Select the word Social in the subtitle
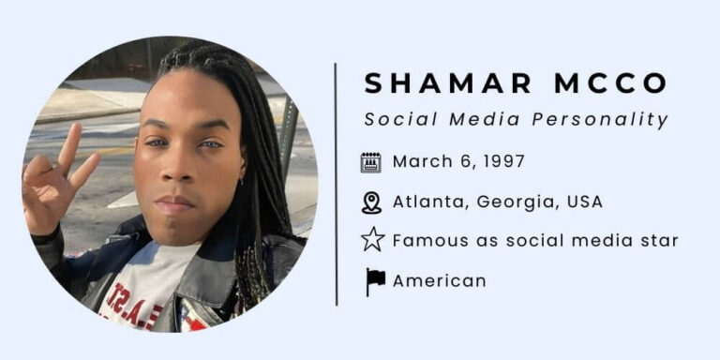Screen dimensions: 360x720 395,120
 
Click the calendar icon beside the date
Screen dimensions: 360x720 371,162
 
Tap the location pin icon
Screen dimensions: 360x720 371,202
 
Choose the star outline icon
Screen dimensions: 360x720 372,241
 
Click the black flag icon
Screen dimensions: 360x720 374,281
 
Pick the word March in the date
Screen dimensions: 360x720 420,161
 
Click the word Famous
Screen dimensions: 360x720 427,241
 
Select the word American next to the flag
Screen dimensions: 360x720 439,281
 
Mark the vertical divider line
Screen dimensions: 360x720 336,184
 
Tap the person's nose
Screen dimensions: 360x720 177,174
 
